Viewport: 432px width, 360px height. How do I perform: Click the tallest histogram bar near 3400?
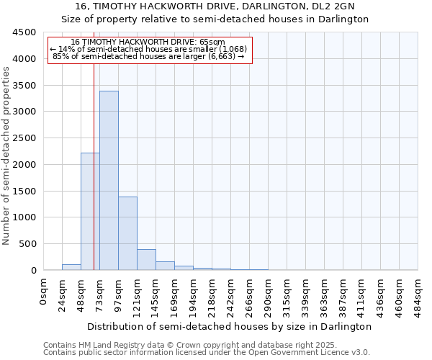109,180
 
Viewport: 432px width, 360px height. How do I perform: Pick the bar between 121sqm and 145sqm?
146,260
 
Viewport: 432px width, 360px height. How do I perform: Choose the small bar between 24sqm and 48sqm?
71,267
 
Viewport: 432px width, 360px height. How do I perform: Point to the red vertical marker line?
94,144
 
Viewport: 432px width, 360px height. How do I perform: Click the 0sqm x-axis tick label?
45,289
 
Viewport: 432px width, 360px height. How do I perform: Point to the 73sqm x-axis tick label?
101,292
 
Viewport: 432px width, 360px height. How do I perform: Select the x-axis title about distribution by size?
230,326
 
